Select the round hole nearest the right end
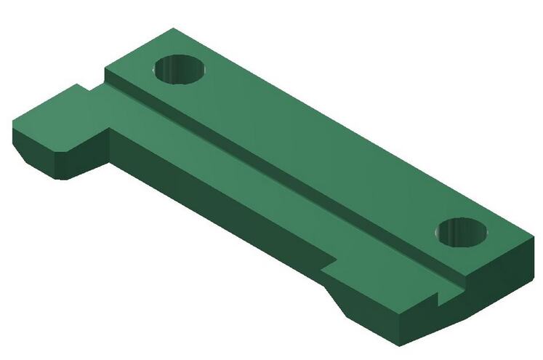click(462, 232)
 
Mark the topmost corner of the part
click(172, 28)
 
